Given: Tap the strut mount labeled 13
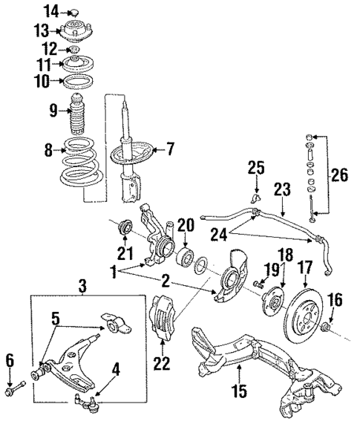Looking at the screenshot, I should click(x=75, y=33).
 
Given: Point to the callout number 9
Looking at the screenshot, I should click(x=53, y=111).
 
